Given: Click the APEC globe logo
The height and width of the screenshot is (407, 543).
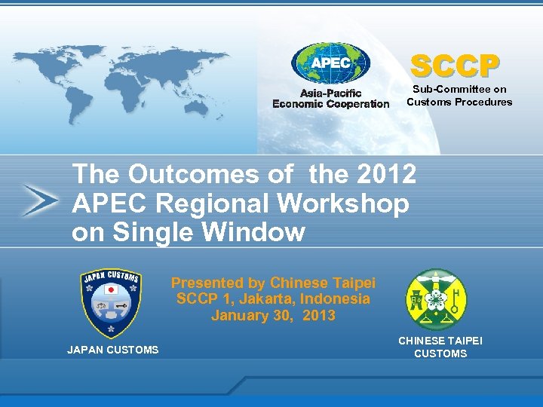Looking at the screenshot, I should point(330,63).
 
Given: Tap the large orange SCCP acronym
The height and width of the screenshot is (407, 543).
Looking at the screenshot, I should point(455,66).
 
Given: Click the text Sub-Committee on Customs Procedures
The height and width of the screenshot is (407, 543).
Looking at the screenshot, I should point(459,96).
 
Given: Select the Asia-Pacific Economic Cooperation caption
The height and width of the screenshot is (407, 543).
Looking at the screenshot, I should point(330,99).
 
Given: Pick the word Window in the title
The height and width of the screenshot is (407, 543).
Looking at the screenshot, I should point(256,233).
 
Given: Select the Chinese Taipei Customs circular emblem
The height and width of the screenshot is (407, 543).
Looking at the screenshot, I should point(437,299).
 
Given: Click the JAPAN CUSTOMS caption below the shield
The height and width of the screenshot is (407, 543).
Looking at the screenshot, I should point(113,350).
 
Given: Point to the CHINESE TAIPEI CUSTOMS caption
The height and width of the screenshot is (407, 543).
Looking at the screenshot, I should point(440,347).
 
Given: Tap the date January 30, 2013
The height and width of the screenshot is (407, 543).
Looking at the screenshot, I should point(273,316).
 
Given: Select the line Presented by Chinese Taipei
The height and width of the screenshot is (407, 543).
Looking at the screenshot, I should point(273,283).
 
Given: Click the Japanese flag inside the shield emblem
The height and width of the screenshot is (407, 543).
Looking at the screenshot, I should point(110,289).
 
